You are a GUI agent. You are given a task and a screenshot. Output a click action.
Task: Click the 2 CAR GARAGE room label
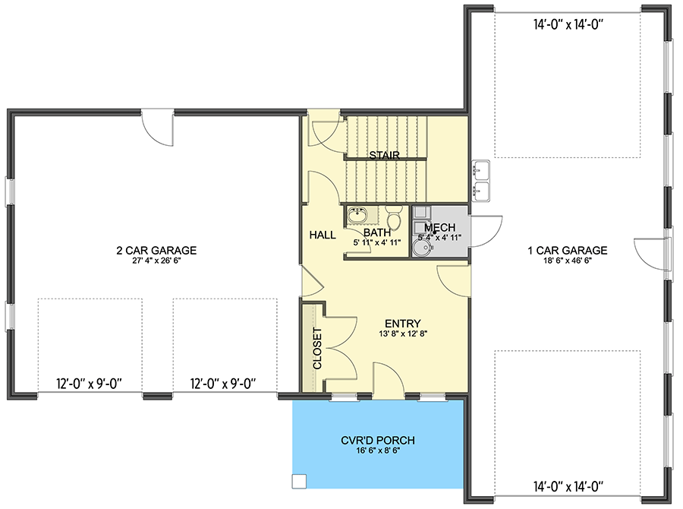[156, 250]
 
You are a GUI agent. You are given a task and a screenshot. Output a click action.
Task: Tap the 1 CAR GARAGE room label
[568, 250]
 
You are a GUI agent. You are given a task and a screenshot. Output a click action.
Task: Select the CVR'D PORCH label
[378, 440]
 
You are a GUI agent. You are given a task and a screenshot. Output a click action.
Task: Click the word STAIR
[384, 155]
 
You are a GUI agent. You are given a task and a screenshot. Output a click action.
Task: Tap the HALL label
[323, 236]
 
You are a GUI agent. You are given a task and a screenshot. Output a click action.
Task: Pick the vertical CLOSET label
[316, 348]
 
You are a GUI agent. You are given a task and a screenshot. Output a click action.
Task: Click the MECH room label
[439, 228]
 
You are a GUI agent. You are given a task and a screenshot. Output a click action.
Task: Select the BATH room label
[376, 232]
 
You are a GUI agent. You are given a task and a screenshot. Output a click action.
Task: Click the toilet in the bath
[393, 216]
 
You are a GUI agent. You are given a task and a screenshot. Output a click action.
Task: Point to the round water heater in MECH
[423, 248]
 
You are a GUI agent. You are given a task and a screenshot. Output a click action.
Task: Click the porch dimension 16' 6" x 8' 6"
[378, 451]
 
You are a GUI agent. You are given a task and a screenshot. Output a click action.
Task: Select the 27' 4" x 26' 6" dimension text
[156, 261]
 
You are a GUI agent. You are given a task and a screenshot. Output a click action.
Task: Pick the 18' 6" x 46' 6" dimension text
[568, 261]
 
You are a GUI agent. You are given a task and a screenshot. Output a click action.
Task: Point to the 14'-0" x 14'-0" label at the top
[568, 25]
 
